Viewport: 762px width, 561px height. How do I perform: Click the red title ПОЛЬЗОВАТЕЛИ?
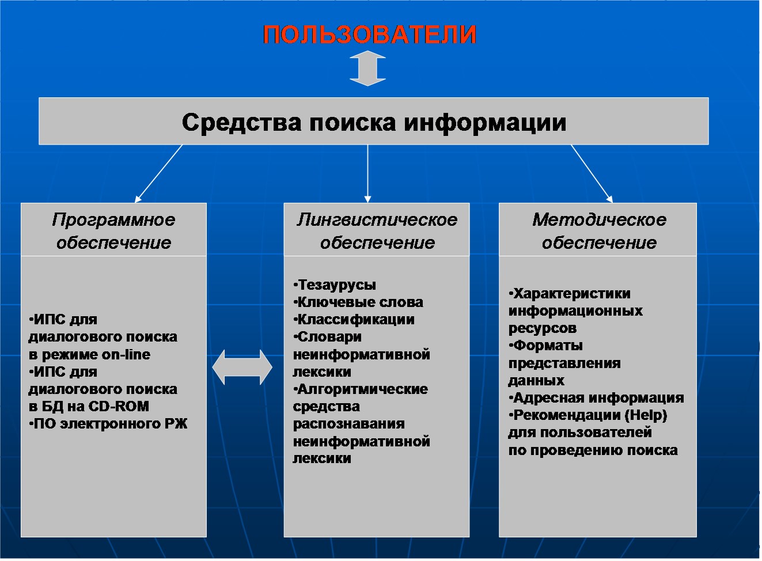point(369,35)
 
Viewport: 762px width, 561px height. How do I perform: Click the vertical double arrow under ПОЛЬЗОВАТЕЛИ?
point(367,69)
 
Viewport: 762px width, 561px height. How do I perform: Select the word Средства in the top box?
point(242,123)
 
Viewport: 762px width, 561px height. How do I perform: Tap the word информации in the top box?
point(485,123)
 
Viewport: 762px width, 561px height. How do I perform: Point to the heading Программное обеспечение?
point(113,231)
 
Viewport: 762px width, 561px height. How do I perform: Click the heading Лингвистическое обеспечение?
point(377,231)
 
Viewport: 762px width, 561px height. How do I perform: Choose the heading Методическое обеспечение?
point(599,231)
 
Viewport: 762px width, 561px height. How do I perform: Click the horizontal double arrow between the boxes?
point(242,367)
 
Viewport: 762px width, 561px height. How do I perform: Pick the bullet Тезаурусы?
point(335,285)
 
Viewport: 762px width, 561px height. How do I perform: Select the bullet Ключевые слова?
point(358,302)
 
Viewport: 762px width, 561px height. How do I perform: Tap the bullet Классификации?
point(354,320)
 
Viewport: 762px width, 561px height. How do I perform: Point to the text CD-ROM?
point(119,407)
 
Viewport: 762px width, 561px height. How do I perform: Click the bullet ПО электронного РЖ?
point(108,424)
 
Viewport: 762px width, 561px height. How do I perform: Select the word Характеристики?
point(570,294)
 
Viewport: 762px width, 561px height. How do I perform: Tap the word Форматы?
point(546,346)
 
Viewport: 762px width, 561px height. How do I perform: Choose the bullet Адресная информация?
point(596,397)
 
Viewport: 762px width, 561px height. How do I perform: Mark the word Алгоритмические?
point(361,389)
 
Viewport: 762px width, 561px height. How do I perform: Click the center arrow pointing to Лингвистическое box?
point(367,174)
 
